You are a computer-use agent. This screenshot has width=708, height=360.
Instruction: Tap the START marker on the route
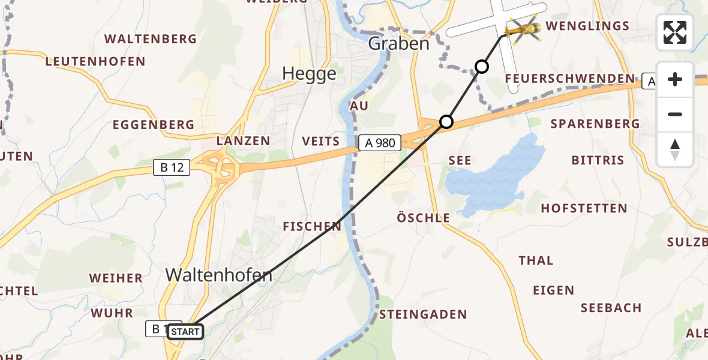point(185,331)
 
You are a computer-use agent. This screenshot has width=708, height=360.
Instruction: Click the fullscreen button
point(675,32)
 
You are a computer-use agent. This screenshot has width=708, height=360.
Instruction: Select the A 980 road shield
point(380,143)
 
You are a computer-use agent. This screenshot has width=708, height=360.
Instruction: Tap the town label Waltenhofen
point(218,275)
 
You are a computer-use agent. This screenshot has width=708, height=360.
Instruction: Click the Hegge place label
point(309,74)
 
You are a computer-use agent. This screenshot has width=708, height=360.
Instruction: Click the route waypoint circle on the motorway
point(446,122)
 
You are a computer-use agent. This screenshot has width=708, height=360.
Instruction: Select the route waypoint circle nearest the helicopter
point(481,66)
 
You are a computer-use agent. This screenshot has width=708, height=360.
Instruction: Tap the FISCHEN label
point(312,226)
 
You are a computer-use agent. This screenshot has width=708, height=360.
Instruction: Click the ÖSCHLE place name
point(423,218)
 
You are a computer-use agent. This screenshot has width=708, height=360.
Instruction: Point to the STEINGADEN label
point(422,314)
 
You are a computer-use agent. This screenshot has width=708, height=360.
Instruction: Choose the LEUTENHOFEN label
point(95,61)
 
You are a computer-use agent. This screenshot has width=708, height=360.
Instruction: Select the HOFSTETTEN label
point(584,209)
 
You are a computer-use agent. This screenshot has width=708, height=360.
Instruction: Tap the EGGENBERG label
point(154,125)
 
